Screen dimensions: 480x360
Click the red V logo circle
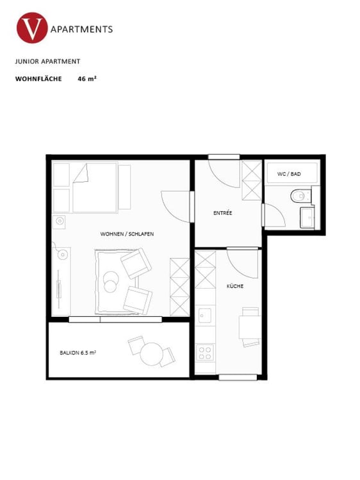33,29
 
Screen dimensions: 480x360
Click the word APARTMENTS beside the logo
82,29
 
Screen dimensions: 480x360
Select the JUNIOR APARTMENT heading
47,61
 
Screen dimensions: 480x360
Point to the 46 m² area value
86,79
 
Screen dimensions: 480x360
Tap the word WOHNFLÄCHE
38,79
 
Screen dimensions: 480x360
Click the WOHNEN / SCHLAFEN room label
127,234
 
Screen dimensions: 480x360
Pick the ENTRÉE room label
222,212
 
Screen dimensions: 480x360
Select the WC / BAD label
288,174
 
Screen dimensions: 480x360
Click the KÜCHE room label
234,286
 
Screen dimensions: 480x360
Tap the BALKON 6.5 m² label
78,353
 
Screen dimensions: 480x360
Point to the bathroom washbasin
307,217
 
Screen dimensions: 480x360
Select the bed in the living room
94,188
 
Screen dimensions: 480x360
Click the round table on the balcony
152,353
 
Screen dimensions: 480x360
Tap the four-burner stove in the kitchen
204,353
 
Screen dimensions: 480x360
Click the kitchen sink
204,315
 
